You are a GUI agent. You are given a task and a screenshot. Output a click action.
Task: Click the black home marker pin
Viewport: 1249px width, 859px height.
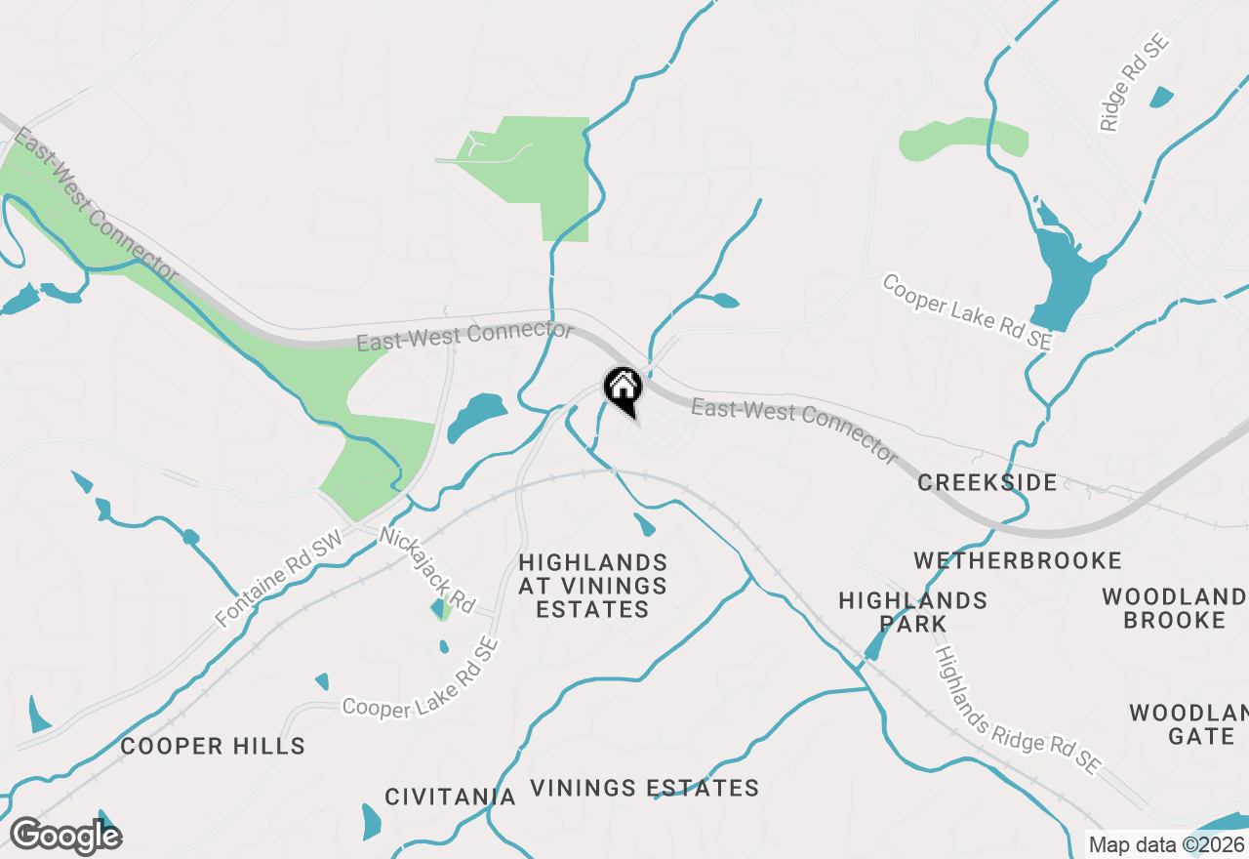pos(624,389)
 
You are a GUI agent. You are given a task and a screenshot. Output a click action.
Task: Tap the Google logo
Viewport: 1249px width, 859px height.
pos(65,836)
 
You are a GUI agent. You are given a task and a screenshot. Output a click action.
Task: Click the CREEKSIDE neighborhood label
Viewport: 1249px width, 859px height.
pos(987,482)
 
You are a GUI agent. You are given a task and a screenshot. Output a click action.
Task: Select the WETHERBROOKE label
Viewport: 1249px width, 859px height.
pos(1018,560)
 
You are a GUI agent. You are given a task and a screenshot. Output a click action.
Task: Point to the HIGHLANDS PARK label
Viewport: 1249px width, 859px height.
pos(913,611)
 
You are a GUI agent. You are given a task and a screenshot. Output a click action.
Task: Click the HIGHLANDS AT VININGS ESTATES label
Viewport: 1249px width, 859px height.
pos(593,586)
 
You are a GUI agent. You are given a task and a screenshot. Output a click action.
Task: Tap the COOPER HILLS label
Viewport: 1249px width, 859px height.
pos(213,747)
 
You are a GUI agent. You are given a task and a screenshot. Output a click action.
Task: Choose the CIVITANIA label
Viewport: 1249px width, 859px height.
pos(450,797)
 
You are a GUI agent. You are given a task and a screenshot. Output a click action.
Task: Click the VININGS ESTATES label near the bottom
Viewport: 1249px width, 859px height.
pos(644,788)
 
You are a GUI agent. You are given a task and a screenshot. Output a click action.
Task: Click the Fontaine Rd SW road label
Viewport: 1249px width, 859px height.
pos(280,578)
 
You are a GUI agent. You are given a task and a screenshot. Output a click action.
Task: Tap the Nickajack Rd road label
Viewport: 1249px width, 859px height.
pos(426,570)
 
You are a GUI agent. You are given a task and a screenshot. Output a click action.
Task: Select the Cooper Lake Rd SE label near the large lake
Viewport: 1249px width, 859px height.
pos(967,311)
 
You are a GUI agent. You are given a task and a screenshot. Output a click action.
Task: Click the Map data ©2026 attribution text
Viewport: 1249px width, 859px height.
pos(1167,845)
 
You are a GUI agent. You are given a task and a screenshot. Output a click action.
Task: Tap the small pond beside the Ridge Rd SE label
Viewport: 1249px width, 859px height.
pos(1161,97)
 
